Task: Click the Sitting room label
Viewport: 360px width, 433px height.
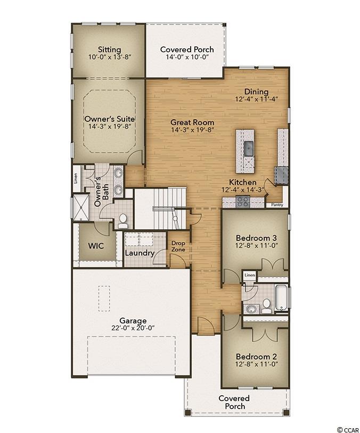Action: click(110, 49)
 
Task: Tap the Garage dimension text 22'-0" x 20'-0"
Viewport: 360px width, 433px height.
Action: click(133, 328)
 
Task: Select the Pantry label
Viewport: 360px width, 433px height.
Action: click(277, 205)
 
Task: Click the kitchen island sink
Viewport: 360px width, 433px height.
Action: click(249, 148)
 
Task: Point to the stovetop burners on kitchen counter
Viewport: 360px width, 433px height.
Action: click(243, 202)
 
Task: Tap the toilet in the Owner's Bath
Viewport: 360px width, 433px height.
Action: click(122, 221)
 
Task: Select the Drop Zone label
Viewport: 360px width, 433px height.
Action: click(178, 246)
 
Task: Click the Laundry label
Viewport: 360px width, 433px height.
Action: click(140, 253)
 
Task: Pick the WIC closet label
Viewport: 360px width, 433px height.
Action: click(96, 246)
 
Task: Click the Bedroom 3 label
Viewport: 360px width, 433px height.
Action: click(256, 238)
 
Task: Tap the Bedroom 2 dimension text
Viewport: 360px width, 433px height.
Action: click(256, 364)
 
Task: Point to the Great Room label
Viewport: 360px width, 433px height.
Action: click(192, 122)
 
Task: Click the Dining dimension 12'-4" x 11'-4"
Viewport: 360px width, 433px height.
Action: click(256, 99)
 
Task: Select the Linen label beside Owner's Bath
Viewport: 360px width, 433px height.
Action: click(76, 178)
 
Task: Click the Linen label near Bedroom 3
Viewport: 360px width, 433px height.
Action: click(250, 276)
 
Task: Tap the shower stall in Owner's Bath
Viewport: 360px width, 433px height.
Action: click(81, 207)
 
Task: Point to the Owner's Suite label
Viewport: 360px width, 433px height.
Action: click(110, 119)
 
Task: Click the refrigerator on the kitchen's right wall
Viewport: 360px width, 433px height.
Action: click(281, 175)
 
